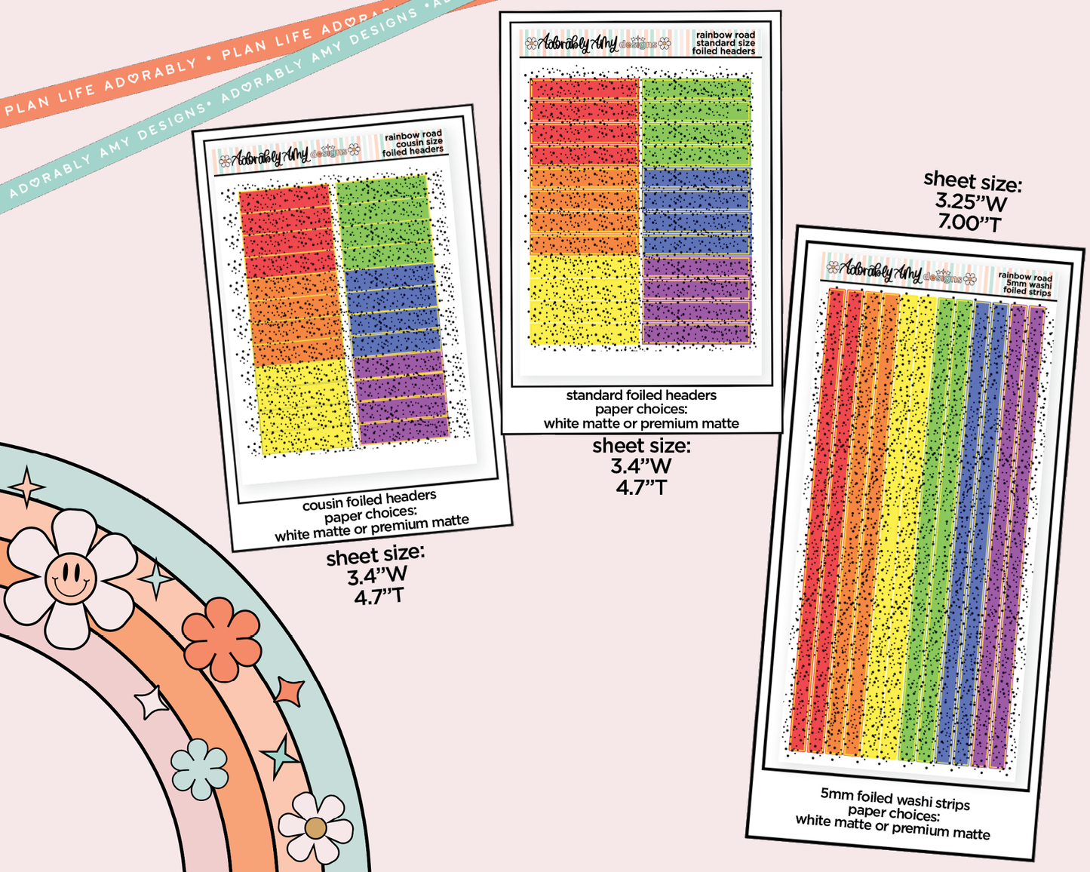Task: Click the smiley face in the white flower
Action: (70, 578)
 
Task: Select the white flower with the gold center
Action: (315, 827)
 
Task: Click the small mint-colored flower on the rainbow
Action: (199, 769)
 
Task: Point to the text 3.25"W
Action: (971, 202)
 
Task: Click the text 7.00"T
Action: (969, 223)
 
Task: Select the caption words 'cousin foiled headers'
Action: (369, 499)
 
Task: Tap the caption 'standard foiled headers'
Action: (641, 395)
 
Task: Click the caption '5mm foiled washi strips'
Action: (895, 799)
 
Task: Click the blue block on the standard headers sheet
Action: (695, 211)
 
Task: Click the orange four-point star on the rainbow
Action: (289, 691)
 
